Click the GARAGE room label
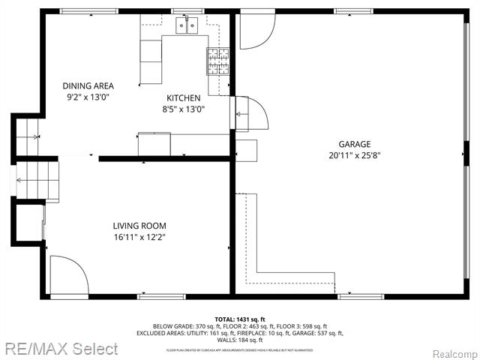tap(355, 144)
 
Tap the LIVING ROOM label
tap(139, 226)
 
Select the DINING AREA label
tap(88, 86)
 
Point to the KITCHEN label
tap(183, 98)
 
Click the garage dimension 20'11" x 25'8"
tap(355, 156)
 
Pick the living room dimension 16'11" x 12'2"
tap(139, 238)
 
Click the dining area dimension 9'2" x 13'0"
tap(88, 97)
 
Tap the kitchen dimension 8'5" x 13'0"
tap(183, 109)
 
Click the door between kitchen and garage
tap(251, 114)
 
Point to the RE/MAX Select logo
tap(59, 349)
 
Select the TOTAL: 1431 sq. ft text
tap(240, 319)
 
